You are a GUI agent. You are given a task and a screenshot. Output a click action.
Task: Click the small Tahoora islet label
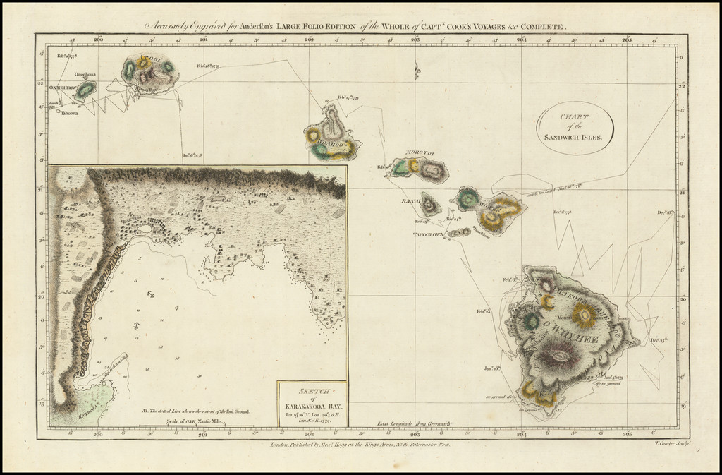(x=69, y=112)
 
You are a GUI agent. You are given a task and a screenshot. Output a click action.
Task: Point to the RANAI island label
(x=410, y=201)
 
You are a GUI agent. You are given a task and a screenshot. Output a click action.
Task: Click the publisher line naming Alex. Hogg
(x=359, y=445)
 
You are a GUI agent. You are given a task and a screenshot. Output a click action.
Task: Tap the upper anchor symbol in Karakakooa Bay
(x=152, y=294)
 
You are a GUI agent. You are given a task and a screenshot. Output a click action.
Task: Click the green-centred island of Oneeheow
(x=86, y=90)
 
